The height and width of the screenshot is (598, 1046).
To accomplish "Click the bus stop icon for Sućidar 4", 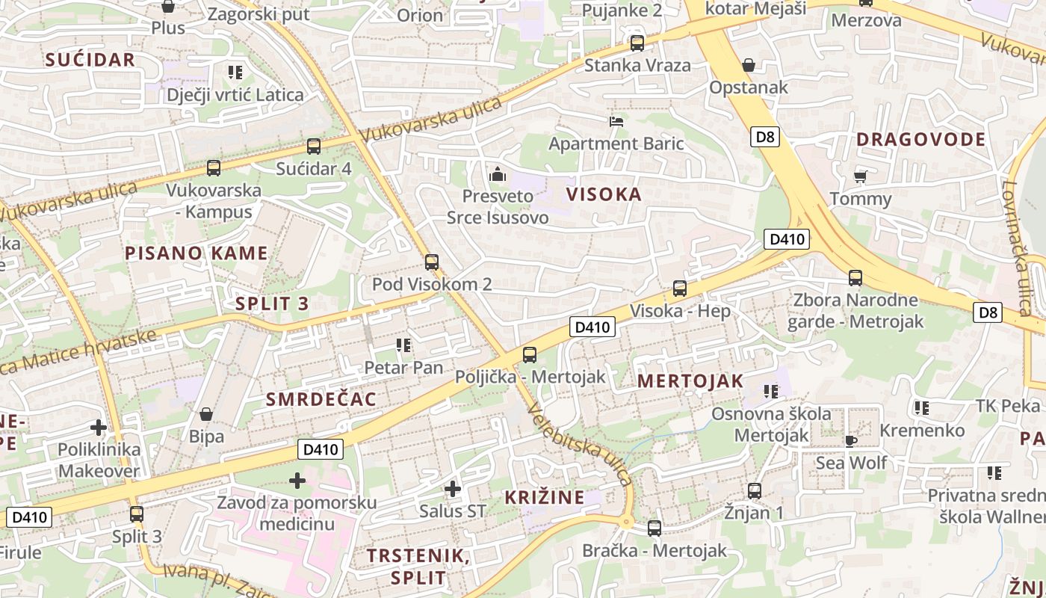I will pyautogui.click(x=314, y=147).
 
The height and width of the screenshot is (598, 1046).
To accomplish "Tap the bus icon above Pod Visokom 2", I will pyautogui.click(x=431, y=262).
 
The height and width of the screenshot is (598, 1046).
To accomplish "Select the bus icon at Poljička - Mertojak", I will pyautogui.click(x=530, y=355).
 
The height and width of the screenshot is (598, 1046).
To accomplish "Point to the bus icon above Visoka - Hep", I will pyautogui.click(x=680, y=289).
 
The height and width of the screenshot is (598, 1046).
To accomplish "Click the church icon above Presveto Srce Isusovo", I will pyautogui.click(x=497, y=175).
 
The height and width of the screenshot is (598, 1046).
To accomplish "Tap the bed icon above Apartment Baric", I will pyautogui.click(x=616, y=121).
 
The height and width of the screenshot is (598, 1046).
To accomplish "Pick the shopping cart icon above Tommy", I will pyautogui.click(x=860, y=177).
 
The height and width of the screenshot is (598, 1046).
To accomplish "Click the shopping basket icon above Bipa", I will pyautogui.click(x=206, y=414).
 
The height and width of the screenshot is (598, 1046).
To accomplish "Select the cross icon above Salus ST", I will pyautogui.click(x=452, y=490).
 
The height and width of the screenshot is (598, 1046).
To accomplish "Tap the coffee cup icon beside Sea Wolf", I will pyautogui.click(x=850, y=440).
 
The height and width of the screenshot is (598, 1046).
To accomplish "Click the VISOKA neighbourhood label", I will pyautogui.click(x=604, y=195).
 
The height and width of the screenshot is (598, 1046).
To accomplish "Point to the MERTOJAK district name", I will pyautogui.click(x=690, y=381).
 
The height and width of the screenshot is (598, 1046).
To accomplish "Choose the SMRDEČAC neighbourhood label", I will pyautogui.click(x=321, y=399).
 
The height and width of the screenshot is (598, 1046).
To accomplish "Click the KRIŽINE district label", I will pyautogui.click(x=544, y=498).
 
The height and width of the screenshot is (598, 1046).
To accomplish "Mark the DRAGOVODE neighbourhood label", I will pyautogui.click(x=920, y=140).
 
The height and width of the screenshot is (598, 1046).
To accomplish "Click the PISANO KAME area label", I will pyautogui.click(x=196, y=253).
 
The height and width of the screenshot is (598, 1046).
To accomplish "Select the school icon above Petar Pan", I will pyautogui.click(x=403, y=345).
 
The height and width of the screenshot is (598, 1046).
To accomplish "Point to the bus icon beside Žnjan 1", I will pyautogui.click(x=755, y=491).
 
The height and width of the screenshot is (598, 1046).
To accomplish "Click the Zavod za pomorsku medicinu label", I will pyautogui.click(x=297, y=513).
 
